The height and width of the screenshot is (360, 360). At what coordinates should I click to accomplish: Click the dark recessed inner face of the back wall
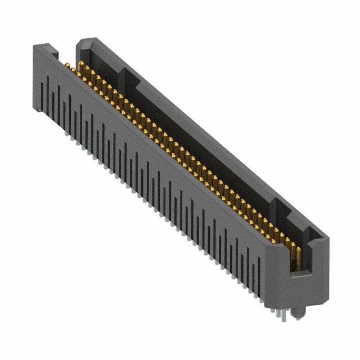point(197,141)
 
